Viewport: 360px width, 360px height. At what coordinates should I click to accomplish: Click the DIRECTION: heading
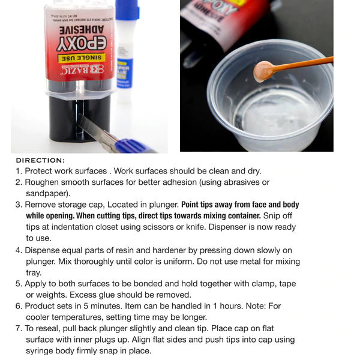point(40,160)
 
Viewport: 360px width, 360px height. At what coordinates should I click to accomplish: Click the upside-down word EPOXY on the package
point(82,43)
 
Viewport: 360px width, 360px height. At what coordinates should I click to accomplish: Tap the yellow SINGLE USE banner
point(81,58)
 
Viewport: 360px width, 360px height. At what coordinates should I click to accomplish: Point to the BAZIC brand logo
point(80,70)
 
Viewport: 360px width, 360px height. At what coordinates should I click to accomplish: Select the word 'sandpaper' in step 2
point(47,193)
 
